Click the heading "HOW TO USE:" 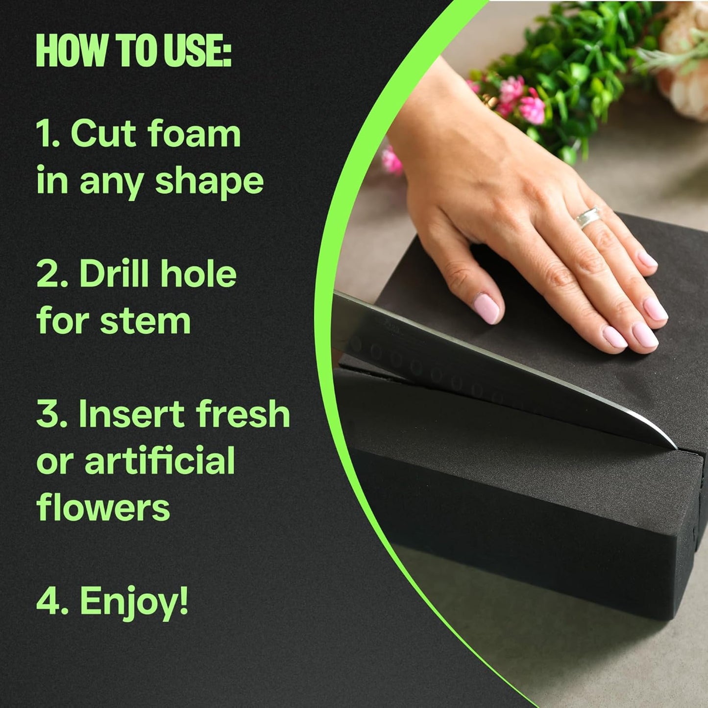133,51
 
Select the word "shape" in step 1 209,181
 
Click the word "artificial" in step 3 160,461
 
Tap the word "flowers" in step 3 103,508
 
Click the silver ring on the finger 588,217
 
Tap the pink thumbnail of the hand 488,308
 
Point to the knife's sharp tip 675,447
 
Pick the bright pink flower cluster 522,100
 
